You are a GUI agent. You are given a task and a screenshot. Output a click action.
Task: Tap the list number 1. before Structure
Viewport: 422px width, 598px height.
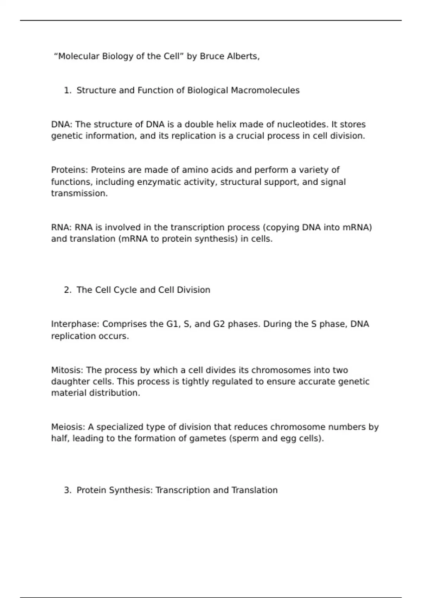[x=68, y=90]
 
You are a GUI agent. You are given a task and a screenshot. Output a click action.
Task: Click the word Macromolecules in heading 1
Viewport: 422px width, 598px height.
[x=265, y=90]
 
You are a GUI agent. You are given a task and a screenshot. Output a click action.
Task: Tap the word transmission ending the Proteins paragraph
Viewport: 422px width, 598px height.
[x=79, y=193]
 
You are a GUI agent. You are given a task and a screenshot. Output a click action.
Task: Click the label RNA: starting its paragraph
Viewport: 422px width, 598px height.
[x=62, y=228]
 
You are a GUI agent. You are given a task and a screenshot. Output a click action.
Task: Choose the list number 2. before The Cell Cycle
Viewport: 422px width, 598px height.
[x=68, y=290]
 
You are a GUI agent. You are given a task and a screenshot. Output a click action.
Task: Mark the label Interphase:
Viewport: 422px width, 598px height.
[x=75, y=324]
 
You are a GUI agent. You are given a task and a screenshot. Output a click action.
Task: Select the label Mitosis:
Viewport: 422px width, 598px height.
[x=67, y=370]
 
